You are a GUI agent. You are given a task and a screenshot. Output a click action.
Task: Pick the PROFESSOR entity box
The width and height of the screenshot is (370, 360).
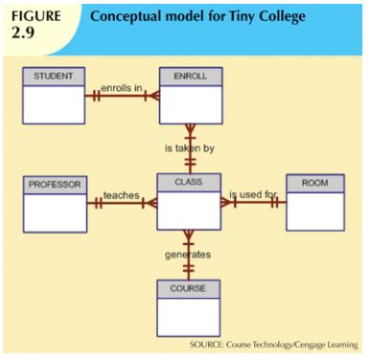tap(54, 203)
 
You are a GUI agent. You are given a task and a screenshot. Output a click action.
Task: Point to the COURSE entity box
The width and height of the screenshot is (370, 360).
tap(189, 307)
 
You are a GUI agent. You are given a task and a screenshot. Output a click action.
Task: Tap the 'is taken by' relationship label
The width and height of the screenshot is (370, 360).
tap(189, 149)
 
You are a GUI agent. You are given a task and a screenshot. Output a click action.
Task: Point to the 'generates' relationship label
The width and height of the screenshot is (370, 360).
tap(189, 255)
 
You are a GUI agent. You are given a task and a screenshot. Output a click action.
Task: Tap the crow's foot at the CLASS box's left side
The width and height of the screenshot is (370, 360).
tap(150, 202)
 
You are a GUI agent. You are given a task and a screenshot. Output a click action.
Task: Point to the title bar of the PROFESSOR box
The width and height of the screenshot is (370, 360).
tap(54, 183)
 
